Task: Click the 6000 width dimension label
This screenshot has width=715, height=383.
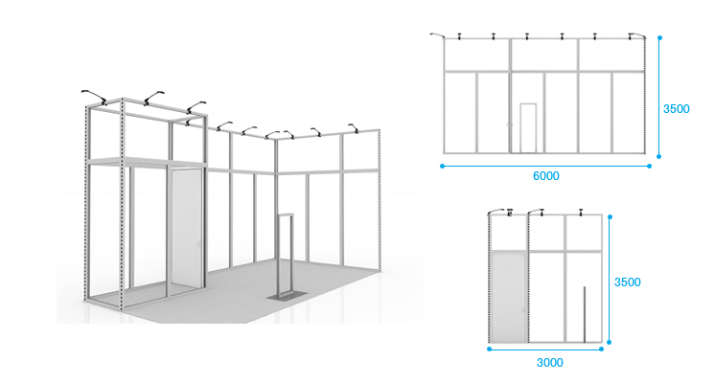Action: click(x=545, y=176)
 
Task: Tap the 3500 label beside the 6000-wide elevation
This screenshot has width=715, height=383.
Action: click(x=677, y=109)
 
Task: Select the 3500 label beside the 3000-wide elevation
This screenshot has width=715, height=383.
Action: click(x=628, y=282)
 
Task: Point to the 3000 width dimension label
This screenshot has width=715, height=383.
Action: click(x=549, y=363)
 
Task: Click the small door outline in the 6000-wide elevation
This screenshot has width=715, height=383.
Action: click(x=528, y=128)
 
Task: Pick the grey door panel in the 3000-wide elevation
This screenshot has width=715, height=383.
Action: click(x=509, y=298)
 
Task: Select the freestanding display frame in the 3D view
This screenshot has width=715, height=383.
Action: click(x=286, y=256)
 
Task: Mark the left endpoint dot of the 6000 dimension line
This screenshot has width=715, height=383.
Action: click(x=442, y=167)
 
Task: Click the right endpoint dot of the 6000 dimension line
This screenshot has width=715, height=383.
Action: click(x=649, y=167)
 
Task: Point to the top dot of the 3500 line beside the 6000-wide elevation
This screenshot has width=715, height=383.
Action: click(x=659, y=37)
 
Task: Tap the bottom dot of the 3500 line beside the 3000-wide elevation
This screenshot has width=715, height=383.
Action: click(x=610, y=342)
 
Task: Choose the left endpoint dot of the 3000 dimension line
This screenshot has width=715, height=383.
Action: click(x=489, y=349)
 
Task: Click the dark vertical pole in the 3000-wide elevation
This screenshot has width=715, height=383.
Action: click(x=585, y=314)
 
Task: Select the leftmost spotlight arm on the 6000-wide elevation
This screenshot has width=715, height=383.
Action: click(x=437, y=34)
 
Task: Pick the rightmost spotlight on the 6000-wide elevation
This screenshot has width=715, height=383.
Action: click(x=636, y=35)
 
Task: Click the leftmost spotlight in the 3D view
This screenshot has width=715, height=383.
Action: click(x=94, y=96)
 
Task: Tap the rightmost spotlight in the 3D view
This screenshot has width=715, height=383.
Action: click(x=354, y=128)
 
